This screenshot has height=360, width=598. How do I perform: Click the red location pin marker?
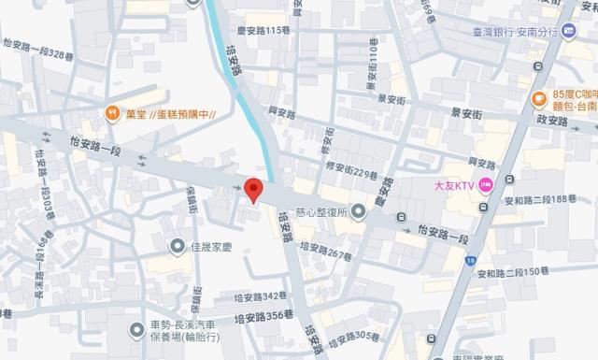pyautogui.click(x=252, y=188)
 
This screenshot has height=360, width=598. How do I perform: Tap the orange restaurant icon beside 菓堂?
pyautogui.click(x=112, y=114)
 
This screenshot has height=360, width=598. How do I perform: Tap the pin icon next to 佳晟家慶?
pyautogui.click(x=178, y=246)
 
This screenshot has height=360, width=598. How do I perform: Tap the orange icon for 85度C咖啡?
pyautogui.click(x=539, y=99)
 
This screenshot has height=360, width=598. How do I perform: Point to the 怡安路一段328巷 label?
pyautogui.click(x=39, y=56)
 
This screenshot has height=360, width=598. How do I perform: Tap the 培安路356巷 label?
pyautogui.click(x=263, y=317)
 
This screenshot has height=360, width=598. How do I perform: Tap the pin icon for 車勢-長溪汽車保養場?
pyautogui.click(x=138, y=327)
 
